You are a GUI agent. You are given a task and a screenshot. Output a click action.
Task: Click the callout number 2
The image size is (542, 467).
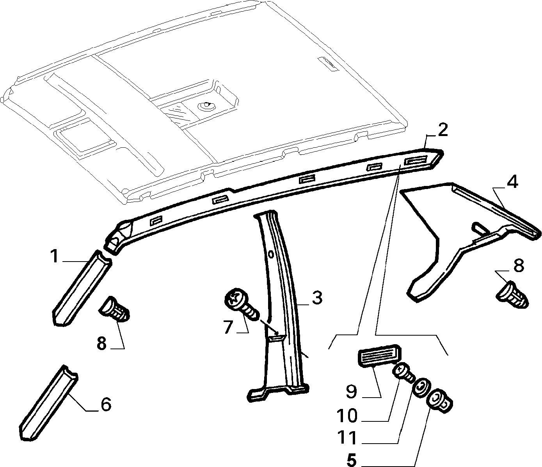(442, 130)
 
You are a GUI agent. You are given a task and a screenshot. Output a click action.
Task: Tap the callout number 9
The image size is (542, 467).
(352, 391)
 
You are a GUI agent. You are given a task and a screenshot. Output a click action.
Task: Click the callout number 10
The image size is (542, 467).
(347, 415)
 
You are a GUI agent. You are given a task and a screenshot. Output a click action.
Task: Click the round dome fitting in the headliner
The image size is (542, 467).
(206, 106)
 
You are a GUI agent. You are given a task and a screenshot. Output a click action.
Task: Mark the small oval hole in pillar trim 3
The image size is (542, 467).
(271, 254)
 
